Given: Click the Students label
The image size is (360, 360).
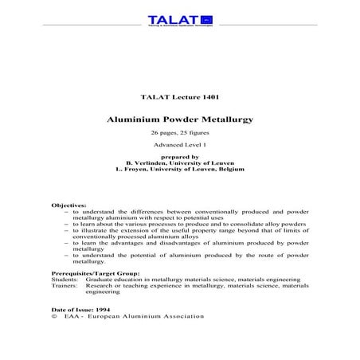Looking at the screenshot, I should point(63,280).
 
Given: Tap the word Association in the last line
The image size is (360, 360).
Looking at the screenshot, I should point(182,316).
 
